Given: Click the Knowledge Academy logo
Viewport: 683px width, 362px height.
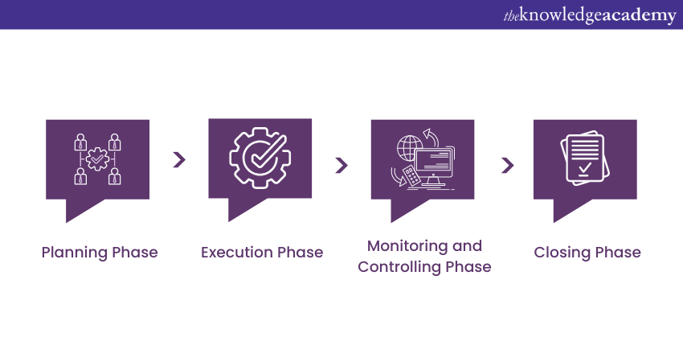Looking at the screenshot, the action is (x=590, y=16).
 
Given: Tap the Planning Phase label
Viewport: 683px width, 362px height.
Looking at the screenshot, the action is (x=100, y=253).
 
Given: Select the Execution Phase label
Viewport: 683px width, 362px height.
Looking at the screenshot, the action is (x=262, y=252).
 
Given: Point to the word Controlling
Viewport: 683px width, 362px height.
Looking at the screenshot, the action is (x=399, y=267).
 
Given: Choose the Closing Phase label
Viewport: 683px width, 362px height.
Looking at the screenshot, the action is (x=587, y=253).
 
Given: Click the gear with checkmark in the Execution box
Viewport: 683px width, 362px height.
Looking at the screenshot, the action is (x=260, y=158).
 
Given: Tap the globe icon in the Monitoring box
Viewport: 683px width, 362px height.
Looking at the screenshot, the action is (x=410, y=148).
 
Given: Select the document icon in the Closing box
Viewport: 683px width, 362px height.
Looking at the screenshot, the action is (x=585, y=158).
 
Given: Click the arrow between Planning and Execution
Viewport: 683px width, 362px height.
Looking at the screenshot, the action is (x=179, y=159).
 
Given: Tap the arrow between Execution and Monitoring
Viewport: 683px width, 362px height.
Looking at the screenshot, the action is (x=341, y=165).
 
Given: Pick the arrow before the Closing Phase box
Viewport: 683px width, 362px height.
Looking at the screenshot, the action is (x=508, y=165).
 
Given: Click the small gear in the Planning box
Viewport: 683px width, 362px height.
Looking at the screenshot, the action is (x=97, y=158).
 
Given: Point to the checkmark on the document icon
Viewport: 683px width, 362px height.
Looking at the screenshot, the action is (x=585, y=168).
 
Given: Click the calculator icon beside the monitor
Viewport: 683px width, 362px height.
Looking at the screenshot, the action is (x=411, y=175).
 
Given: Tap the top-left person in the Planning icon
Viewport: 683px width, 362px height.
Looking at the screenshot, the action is (x=80, y=142).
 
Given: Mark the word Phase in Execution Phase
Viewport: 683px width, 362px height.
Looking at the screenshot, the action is (x=301, y=252).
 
